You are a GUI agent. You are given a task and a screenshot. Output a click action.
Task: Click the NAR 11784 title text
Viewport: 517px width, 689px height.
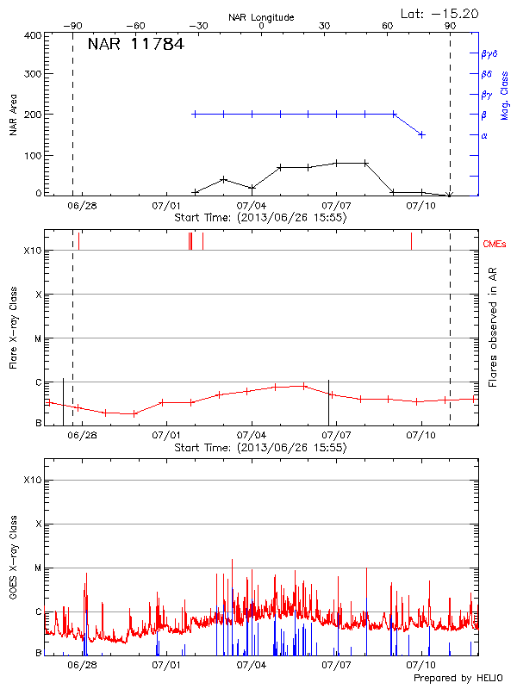point(135,44)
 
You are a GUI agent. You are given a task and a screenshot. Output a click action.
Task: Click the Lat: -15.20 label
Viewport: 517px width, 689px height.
point(440,13)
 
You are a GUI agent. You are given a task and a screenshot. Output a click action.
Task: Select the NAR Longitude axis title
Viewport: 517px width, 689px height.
point(261,17)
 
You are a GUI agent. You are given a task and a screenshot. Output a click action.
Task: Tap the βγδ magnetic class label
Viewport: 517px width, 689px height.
point(489,53)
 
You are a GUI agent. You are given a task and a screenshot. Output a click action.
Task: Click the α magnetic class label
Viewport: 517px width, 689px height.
point(484,135)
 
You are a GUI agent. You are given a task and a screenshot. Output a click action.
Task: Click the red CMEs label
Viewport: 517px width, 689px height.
point(495,245)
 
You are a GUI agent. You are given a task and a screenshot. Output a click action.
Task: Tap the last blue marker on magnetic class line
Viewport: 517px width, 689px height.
point(421,134)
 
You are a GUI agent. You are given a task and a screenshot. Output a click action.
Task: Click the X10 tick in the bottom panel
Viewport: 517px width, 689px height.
point(32,480)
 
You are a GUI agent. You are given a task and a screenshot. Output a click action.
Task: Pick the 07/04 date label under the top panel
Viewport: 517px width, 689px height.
point(251,206)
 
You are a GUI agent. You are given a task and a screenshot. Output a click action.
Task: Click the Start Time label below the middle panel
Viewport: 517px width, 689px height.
point(260,448)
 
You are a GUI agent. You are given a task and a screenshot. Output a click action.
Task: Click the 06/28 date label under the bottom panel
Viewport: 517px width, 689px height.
point(82,665)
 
